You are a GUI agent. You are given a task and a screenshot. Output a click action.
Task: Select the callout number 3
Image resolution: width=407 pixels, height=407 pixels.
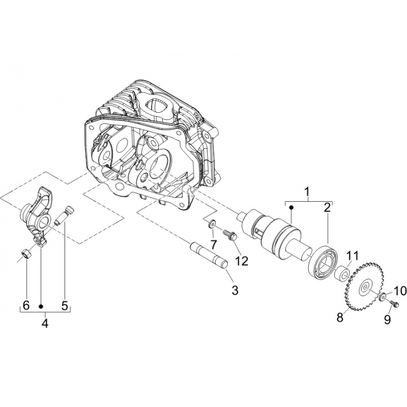tap(234, 290)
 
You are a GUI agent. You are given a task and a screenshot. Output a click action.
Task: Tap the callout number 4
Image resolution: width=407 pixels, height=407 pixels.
tap(45, 323)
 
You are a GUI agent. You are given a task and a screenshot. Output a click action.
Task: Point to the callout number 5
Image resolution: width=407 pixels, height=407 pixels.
tap(65, 304)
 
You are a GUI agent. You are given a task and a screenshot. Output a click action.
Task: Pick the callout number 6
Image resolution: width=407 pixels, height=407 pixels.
tap(26, 304)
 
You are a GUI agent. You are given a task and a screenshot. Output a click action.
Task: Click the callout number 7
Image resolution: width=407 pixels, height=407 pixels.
tap(213, 242)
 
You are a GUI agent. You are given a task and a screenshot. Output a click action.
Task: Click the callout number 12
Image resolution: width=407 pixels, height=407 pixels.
tap(241, 261)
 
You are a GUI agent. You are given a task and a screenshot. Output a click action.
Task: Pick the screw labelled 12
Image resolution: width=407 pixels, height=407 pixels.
tap(227, 235)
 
